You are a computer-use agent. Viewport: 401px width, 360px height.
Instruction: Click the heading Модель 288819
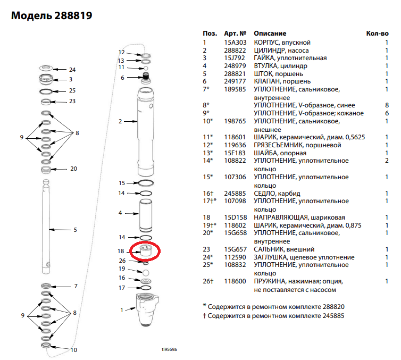[x=52, y=15]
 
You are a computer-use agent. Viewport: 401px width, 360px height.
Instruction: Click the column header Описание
[x=270, y=34]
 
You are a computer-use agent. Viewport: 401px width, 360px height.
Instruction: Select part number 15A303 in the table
[x=235, y=43]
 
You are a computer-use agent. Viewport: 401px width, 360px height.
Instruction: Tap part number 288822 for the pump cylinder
[x=235, y=51]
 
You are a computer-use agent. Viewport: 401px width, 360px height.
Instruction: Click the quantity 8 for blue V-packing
[x=387, y=105]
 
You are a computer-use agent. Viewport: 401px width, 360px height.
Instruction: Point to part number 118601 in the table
[x=235, y=137]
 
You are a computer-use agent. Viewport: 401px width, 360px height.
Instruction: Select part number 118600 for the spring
[x=235, y=281]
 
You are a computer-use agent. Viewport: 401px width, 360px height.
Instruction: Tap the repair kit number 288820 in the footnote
[x=333, y=307]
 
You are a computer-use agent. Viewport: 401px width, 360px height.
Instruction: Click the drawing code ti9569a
[x=169, y=349]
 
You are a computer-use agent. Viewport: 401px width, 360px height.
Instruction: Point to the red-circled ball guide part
[x=146, y=251]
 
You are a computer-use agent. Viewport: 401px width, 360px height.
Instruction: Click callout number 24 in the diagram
[x=72, y=70]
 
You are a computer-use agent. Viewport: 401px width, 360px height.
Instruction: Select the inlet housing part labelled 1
[x=147, y=309]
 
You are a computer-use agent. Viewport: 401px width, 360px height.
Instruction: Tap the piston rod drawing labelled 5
[x=46, y=227]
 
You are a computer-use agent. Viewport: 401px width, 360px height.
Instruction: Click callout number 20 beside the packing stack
[x=73, y=169]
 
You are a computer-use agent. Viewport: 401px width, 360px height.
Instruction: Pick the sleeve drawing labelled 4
[x=146, y=216]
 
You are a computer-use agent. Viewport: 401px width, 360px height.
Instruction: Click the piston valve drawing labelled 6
[x=146, y=78]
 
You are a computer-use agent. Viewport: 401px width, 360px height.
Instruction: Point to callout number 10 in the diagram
[x=73, y=350]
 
